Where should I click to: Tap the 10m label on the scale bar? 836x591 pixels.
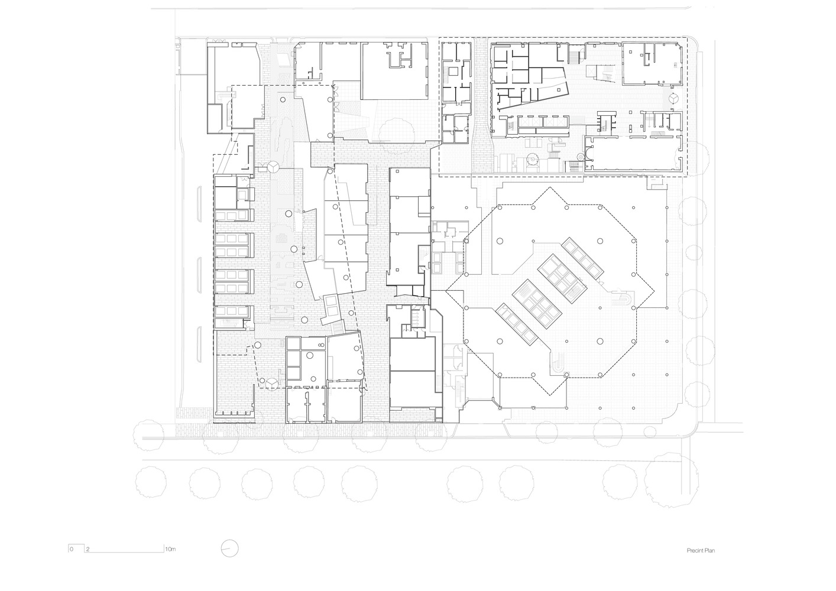coord(170,549)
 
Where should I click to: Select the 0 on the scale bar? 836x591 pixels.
coord(72,549)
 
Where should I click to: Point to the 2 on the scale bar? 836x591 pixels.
coord(88,549)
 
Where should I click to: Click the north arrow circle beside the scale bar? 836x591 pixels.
coord(230,548)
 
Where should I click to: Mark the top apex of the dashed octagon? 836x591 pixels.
coord(550,188)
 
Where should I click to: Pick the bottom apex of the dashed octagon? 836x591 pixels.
coord(550,395)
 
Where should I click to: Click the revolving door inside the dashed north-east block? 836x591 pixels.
coord(673,98)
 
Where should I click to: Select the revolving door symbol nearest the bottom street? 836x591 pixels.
coord(271,385)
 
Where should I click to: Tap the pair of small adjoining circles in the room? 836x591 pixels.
coord(320,345)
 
